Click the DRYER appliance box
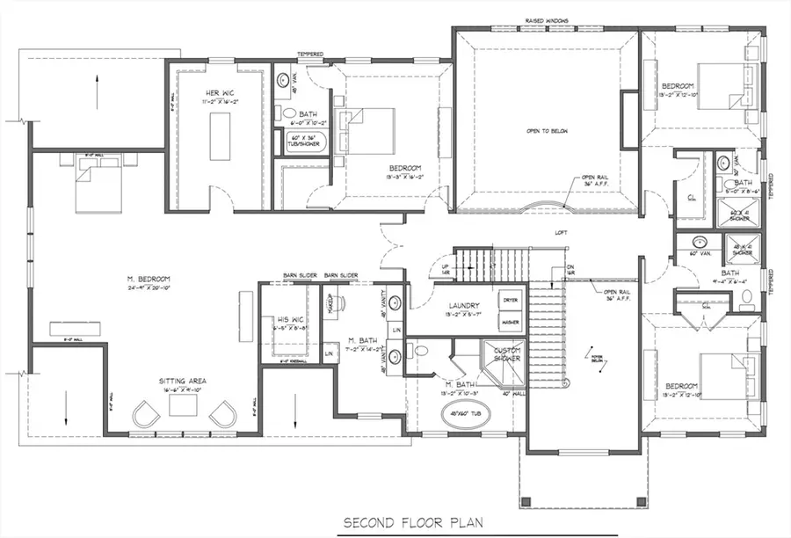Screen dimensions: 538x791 tap(510, 300)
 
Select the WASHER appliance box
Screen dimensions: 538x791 tap(510, 322)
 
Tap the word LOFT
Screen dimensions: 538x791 tap(561, 233)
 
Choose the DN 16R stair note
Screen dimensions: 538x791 tap(569, 271)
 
